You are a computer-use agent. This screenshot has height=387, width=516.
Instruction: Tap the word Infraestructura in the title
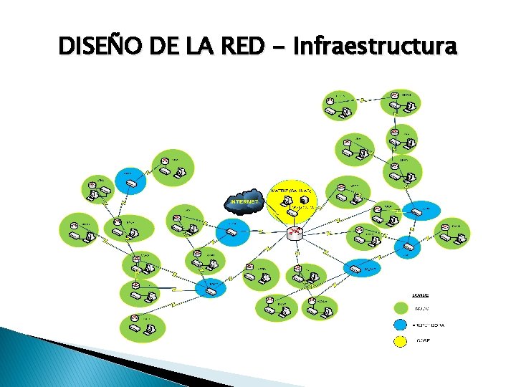pos(374,47)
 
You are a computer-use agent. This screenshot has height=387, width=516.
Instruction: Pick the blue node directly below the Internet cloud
pos(233,230)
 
